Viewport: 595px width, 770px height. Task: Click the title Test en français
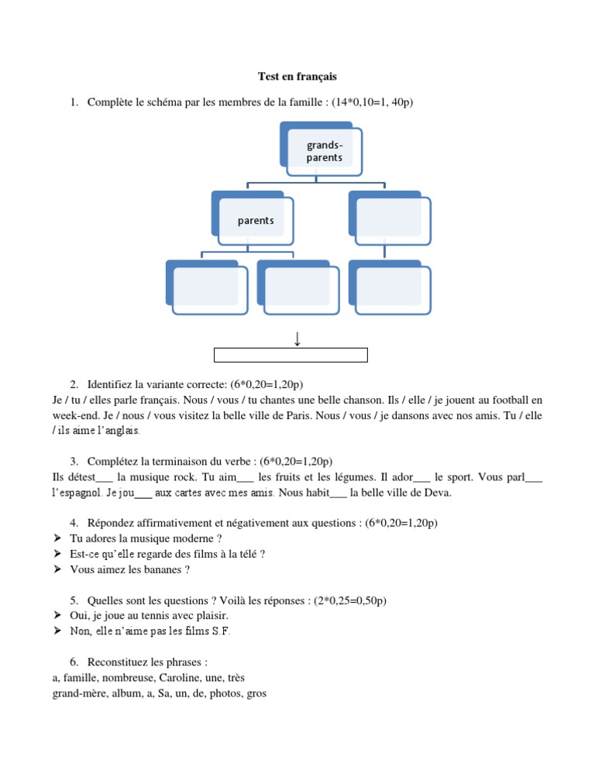click(x=297, y=77)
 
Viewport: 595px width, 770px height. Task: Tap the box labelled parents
click(x=256, y=221)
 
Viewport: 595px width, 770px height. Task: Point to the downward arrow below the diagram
click(x=297, y=338)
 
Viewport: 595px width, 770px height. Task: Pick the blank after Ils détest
click(x=104, y=477)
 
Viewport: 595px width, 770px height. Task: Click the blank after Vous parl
click(x=534, y=477)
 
